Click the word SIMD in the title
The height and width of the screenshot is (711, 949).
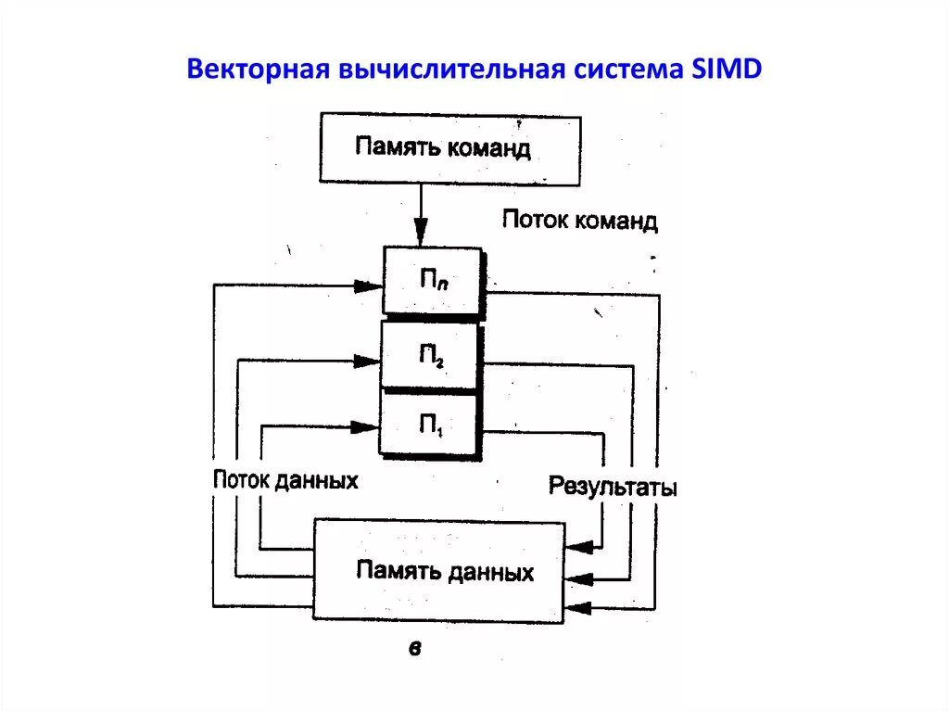pos(726,70)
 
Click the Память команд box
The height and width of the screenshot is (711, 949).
pos(449,148)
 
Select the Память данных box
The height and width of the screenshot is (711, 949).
pos(438,570)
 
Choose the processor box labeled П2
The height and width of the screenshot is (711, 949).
pos(431,354)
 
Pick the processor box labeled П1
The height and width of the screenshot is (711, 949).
pos(430,425)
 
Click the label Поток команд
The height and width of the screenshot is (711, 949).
pos(580,221)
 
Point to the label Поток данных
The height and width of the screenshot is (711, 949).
pos(285,480)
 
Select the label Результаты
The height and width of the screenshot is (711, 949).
pos(613,486)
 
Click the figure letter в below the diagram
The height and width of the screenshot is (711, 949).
pos(414,649)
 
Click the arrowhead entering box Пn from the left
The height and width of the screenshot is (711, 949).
pos(370,286)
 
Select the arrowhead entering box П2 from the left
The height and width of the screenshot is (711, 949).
pos(368,361)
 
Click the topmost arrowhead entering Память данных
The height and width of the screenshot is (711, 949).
pos(577,547)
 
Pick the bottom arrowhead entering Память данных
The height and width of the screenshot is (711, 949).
pos(577,608)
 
